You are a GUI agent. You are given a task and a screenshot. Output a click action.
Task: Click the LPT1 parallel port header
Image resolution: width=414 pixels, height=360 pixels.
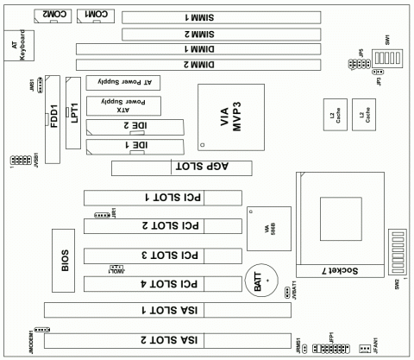click(x=74, y=121)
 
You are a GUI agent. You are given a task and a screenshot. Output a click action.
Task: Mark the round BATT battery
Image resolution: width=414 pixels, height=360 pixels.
click(x=258, y=281)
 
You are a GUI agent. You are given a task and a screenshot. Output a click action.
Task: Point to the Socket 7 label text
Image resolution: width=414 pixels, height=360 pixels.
click(x=348, y=270)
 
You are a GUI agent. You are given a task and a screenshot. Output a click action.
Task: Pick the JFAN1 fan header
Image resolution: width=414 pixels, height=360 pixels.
click(x=364, y=349)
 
